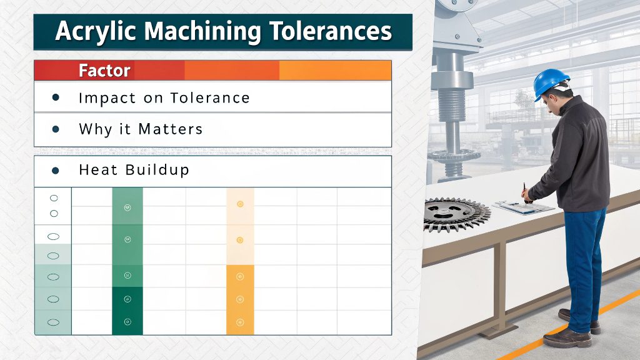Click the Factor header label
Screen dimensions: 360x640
pos(104,71)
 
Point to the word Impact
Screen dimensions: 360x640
pos(103,98)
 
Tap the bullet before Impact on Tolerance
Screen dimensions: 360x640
pos(56,97)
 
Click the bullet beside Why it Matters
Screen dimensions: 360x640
pos(56,129)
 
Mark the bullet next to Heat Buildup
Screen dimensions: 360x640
pos(56,169)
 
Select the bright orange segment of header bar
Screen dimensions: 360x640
pos(335,71)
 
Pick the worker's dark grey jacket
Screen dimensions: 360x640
pos(578,156)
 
